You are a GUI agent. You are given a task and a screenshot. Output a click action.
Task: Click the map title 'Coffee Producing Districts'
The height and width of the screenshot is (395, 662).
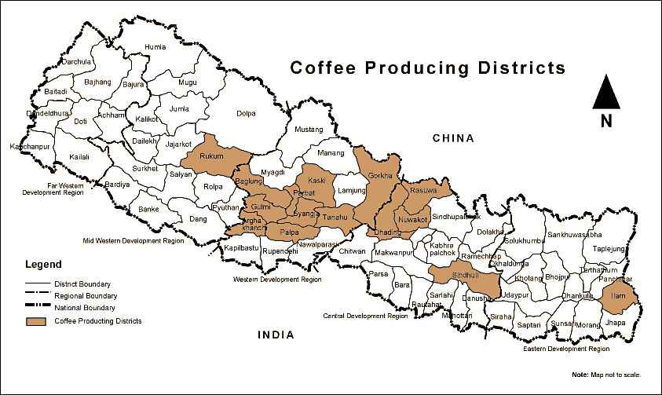coord(427,68)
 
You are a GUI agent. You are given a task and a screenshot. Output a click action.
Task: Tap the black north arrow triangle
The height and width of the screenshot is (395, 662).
coord(606,94)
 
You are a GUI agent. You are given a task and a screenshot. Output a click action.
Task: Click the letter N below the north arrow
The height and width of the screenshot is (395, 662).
coord(606,121)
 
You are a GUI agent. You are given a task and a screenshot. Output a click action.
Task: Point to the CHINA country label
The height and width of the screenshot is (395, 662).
coord(454,138)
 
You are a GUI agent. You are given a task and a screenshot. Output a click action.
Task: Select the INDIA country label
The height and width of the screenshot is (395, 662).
coord(276,335)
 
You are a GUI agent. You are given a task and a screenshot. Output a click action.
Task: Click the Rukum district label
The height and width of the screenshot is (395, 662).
coord(212,156)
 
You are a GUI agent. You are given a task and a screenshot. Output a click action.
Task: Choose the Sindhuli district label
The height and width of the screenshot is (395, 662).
coord(464,276)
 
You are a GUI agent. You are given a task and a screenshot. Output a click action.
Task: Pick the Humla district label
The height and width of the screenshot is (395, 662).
coord(156,46)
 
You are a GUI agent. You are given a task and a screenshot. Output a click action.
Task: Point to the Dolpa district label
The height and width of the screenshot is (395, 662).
coord(246,113)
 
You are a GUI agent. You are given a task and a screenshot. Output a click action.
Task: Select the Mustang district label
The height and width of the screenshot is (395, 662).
coord(309,129)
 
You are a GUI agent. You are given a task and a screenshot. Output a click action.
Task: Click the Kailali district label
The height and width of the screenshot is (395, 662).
coord(79,157)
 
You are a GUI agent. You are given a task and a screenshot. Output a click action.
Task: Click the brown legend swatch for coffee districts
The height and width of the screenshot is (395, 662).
coord(36,321)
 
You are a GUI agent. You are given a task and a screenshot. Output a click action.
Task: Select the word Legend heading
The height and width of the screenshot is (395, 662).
coord(43,265)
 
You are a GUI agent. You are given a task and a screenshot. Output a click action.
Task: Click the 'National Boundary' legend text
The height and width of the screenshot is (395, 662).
coord(85,308)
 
